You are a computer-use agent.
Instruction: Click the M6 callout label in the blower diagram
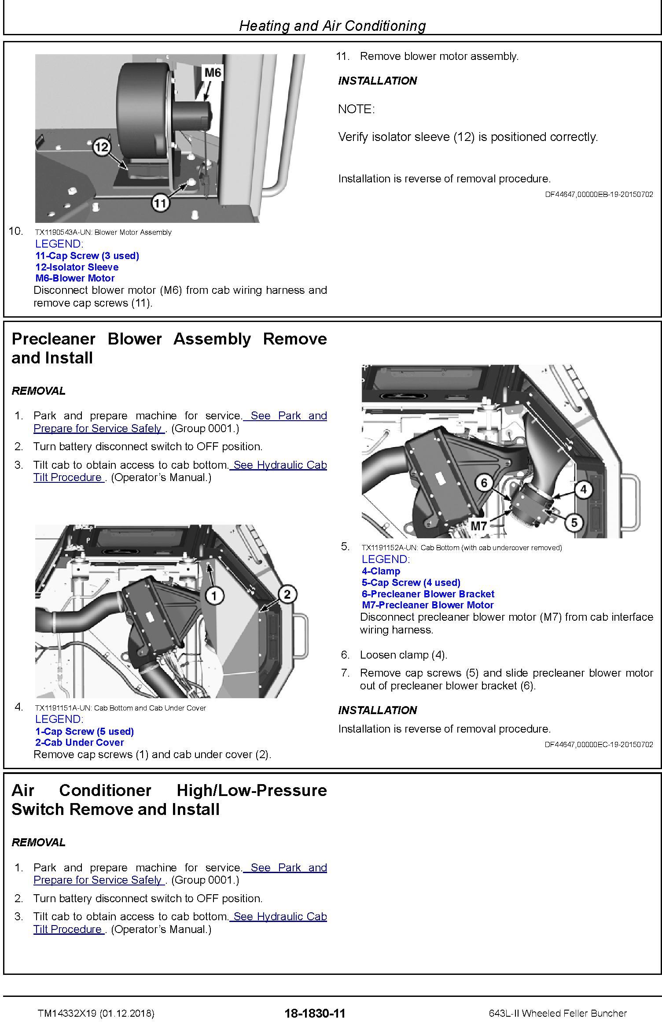[x=213, y=72]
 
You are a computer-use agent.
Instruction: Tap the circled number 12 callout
[x=102, y=146]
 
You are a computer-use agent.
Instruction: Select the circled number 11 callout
[x=161, y=202]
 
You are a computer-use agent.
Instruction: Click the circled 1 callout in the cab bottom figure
[x=214, y=596]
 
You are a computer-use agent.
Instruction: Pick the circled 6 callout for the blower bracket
[x=484, y=483]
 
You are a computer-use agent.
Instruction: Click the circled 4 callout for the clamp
[x=583, y=489]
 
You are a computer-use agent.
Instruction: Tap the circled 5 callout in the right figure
[x=574, y=522]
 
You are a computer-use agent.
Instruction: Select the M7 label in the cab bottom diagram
[x=479, y=526]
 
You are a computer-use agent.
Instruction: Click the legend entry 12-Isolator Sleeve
[x=77, y=267]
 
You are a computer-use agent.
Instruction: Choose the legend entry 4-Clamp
[x=381, y=571]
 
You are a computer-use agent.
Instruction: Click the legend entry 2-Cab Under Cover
[x=80, y=742]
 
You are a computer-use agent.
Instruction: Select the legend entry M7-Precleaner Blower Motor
[x=427, y=605]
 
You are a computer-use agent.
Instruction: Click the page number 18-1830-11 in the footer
[x=315, y=1013]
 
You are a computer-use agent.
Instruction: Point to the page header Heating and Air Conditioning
[x=332, y=26]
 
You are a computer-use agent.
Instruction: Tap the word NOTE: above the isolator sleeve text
[x=356, y=109]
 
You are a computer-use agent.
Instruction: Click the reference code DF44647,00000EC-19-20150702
[x=599, y=744]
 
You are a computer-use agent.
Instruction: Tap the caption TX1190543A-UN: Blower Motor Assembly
[x=103, y=232]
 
